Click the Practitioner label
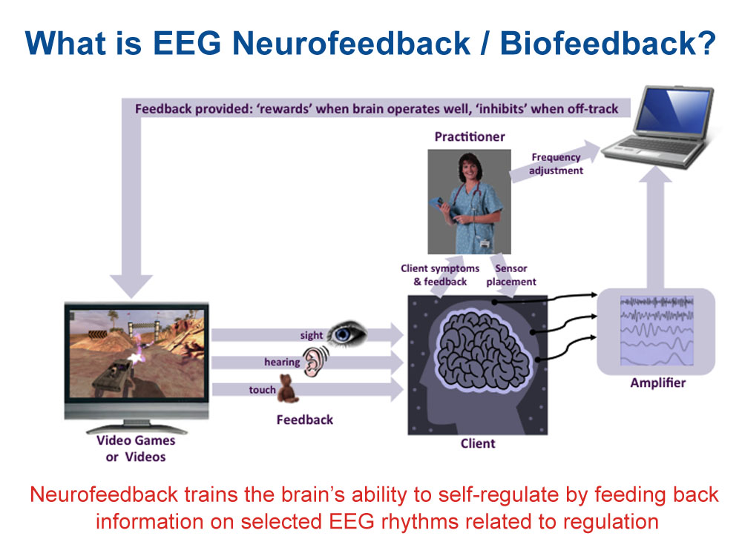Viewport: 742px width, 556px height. [x=469, y=136]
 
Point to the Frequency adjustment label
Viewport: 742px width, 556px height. [x=556, y=164]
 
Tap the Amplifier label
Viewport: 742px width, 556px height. [x=657, y=383]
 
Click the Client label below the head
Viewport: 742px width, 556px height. [x=477, y=443]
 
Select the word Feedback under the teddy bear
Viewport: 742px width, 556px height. [x=304, y=420]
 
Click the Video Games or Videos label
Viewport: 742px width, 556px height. [x=136, y=448]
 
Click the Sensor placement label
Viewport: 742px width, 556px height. [x=516, y=275]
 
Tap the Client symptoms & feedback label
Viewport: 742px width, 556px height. [x=440, y=275]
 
